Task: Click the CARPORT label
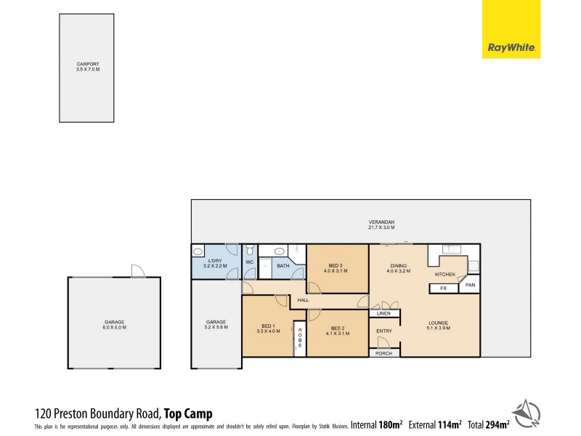point(88,66)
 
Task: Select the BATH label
point(283,266)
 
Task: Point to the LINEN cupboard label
point(383,313)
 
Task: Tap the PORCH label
point(383,353)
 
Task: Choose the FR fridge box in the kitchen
point(443,288)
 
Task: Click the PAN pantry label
point(470,286)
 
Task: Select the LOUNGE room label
point(438,325)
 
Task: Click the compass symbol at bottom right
point(527,412)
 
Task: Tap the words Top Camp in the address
point(188,413)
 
